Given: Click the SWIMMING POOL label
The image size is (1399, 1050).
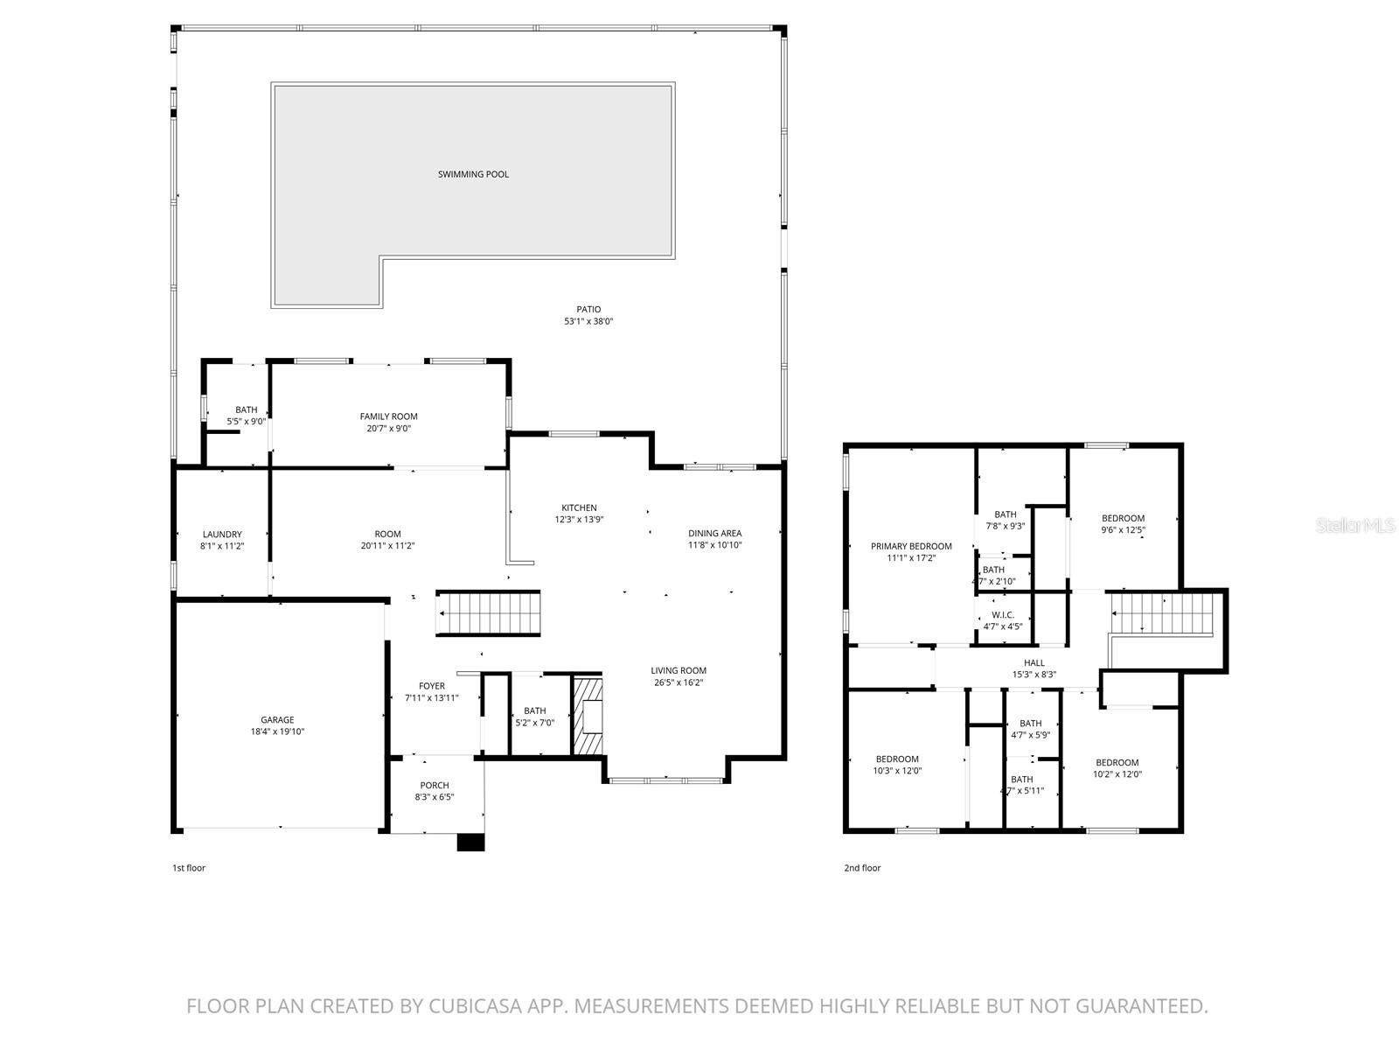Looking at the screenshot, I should click(x=473, y=174).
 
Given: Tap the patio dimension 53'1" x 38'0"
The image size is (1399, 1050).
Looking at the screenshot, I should click(x=588, y=321).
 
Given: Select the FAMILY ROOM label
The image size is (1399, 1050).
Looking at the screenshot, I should click(x=388, y=416).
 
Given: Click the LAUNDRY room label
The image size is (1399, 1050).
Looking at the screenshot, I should click(x=222, y=534).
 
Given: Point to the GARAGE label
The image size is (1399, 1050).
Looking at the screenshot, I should click(x=277, y=720).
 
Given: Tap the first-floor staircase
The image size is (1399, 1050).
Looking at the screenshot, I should click(x=489, y=613).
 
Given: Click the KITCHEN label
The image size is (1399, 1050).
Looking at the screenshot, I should click(x=579, y=507).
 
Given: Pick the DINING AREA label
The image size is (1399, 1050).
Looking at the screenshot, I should click(x=714, y=533).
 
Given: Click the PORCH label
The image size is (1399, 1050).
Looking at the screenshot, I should click(x=435, y=785).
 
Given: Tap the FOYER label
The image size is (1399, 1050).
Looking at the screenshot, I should click(x=431, y=686).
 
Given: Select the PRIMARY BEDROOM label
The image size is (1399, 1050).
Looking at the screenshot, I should click(x=911, y=546).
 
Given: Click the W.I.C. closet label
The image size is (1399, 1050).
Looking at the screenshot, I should click(x=1003, y=615).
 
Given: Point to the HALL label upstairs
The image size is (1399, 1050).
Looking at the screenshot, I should click(x=1034, y=662).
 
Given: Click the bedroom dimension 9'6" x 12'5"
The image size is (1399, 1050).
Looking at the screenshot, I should click(x=1123, y=529).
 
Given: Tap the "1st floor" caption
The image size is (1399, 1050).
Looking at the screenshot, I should click(x=188, y=868).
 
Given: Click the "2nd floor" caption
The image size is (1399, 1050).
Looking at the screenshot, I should click(x=862, y=868).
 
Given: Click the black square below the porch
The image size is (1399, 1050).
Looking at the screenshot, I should click(x=470, y=842).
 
